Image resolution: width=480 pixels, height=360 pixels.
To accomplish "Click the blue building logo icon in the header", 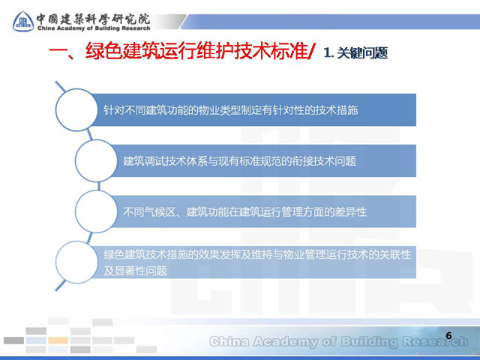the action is point(23,22).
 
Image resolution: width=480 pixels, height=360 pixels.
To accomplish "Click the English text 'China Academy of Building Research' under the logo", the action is point(94,28).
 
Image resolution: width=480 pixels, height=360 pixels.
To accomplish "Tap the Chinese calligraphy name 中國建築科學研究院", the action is point(93,19).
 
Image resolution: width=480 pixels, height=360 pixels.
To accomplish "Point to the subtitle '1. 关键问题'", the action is point(355,52).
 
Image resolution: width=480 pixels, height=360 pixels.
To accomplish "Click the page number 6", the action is point(448,335).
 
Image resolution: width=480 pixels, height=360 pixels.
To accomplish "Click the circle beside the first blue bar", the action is point(76,110).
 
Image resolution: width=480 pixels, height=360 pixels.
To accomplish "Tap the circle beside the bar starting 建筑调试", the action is point(96,160).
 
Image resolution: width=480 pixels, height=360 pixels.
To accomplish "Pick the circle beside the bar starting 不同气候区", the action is point(96,211).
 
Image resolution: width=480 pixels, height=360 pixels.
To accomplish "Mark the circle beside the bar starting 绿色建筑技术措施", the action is point(76,262).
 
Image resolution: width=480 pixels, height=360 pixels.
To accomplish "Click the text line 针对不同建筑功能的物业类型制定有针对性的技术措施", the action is point(230,110).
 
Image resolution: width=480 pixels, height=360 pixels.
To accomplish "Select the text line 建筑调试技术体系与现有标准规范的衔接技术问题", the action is point(240,161).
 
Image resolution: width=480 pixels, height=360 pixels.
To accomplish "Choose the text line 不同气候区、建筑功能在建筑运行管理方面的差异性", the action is point(244,211).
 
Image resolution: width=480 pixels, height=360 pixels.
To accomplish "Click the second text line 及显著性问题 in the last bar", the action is point(135,271).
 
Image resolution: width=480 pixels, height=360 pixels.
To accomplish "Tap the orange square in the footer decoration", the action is point(58,340).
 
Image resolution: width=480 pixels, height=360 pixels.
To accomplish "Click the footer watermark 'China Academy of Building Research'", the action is point(339,342).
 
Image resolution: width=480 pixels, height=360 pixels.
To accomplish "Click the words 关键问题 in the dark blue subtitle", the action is point(362,52).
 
